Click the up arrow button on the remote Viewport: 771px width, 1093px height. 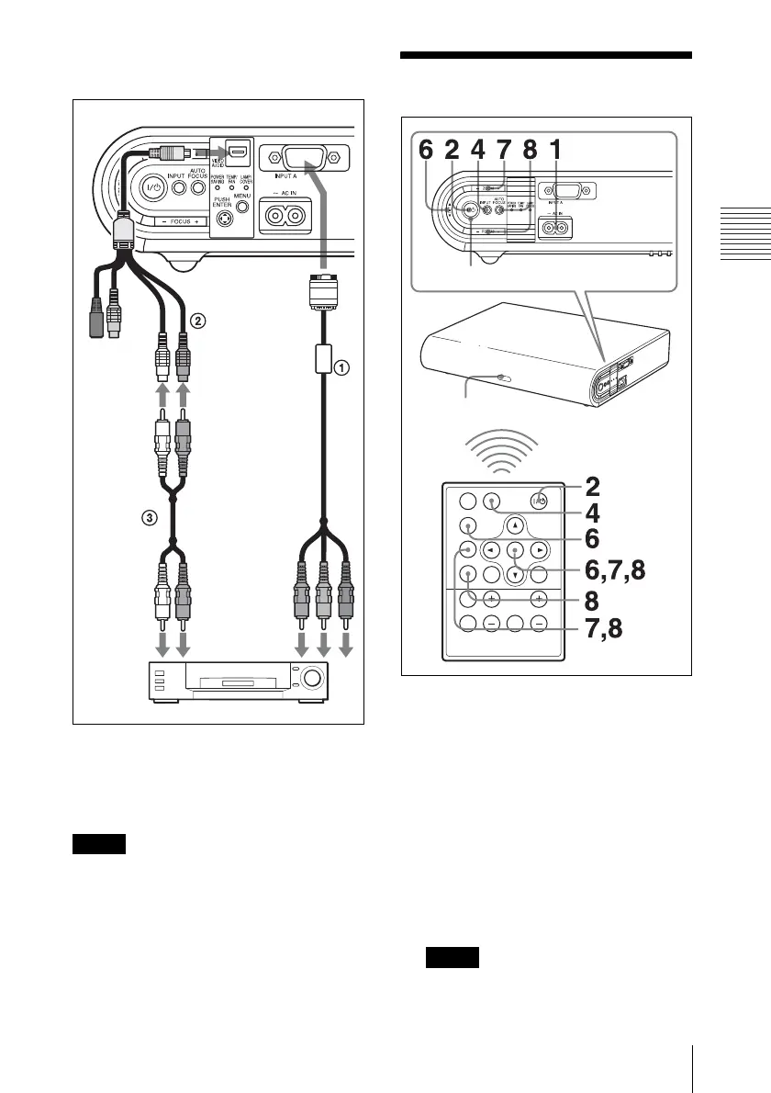pos(516,526)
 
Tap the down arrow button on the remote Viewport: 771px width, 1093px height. pos(516,576)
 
